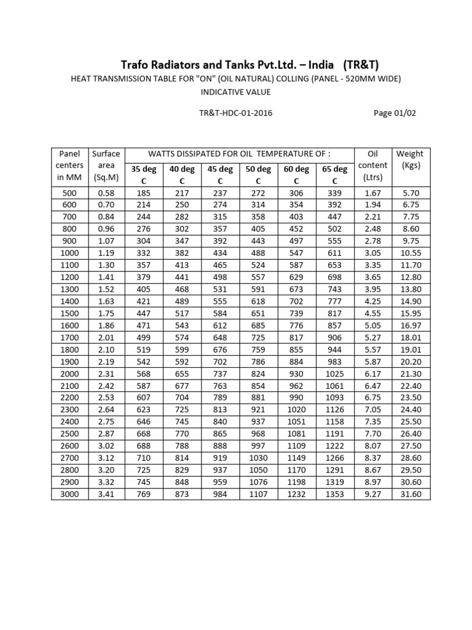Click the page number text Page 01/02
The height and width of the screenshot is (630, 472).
pyautogui.click(x=398, y=113)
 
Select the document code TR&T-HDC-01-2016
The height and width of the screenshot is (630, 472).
pyautogui.click(x=237, y=113)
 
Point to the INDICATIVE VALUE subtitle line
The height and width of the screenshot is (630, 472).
pyautogui.click(x=236, y=92)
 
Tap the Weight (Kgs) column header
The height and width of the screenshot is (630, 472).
pyautogui.click(x=410, y=159)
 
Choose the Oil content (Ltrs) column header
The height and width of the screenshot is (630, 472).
pyautogui.click(x=372, y=165)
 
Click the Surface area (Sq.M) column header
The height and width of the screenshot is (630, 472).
pyautogui.click(x=106, y=165)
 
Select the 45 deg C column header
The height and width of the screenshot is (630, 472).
pyautogui.click(x=220, y=175)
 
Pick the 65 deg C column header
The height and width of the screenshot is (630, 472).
pyautogui.click(x=334, y=175)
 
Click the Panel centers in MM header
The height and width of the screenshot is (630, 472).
pyautogui.click(x=69, y=165)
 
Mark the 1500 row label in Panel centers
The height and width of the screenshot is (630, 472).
pyautogui.click(x=69, y=313)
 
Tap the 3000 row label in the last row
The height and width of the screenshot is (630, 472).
pyautogui.click(x=69, y=494)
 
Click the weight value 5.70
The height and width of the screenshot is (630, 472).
pyautogui.click(x=410, y=193)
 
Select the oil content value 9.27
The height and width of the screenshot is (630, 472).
pyautogui.click(x=372, y=494)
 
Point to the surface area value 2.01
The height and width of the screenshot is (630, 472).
pyautogui.click(x=106, y=337)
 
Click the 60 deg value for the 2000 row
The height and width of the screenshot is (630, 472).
pyautogui.click(x=296, y=373)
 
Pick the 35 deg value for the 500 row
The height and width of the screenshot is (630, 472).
pyautogui.click(x=143, y=193)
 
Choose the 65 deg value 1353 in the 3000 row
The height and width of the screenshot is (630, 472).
pyautogui.click(x=334, y=494)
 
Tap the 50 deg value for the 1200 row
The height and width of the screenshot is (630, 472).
pyautogui.click(x=258, y=277)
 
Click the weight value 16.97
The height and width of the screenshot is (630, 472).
pyautogui.click(x=410, y=325)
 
